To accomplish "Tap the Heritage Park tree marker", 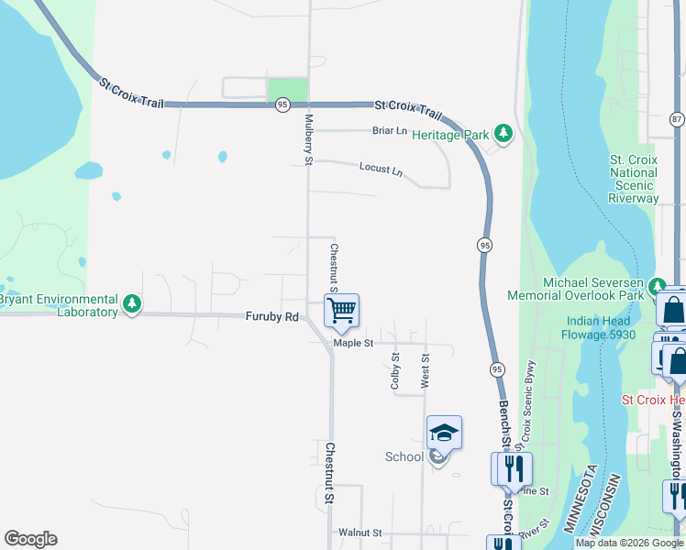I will pyautogui.click(x=503, y=134).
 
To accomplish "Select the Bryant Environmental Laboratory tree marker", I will pyautogui.click(x=132, y=303).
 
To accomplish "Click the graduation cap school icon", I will pyautogui.click(x=444, y=432).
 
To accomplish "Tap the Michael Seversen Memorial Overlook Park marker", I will pyautogui.click(x=657, y=285).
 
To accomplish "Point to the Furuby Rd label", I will pyautogui.click(x=272, y=317).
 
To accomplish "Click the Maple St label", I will pyautogui.click(x=353, y=344).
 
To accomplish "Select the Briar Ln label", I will pyautogui.click(x=389, y=131).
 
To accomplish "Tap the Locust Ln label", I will pyautogui.click(x=382, y=170).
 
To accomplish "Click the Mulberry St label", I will pyautogui.click(x=309, y=140).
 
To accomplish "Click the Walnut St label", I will pyautogui.click(x=359, y=533).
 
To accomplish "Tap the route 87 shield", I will pyautogui.click(x=677, y=119).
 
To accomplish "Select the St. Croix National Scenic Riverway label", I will pyautogui.click(x=634, y=179).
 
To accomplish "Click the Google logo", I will pyautogui.click(x=30, y=539).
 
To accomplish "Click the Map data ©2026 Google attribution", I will pyautogui.click(x=628, y=543).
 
